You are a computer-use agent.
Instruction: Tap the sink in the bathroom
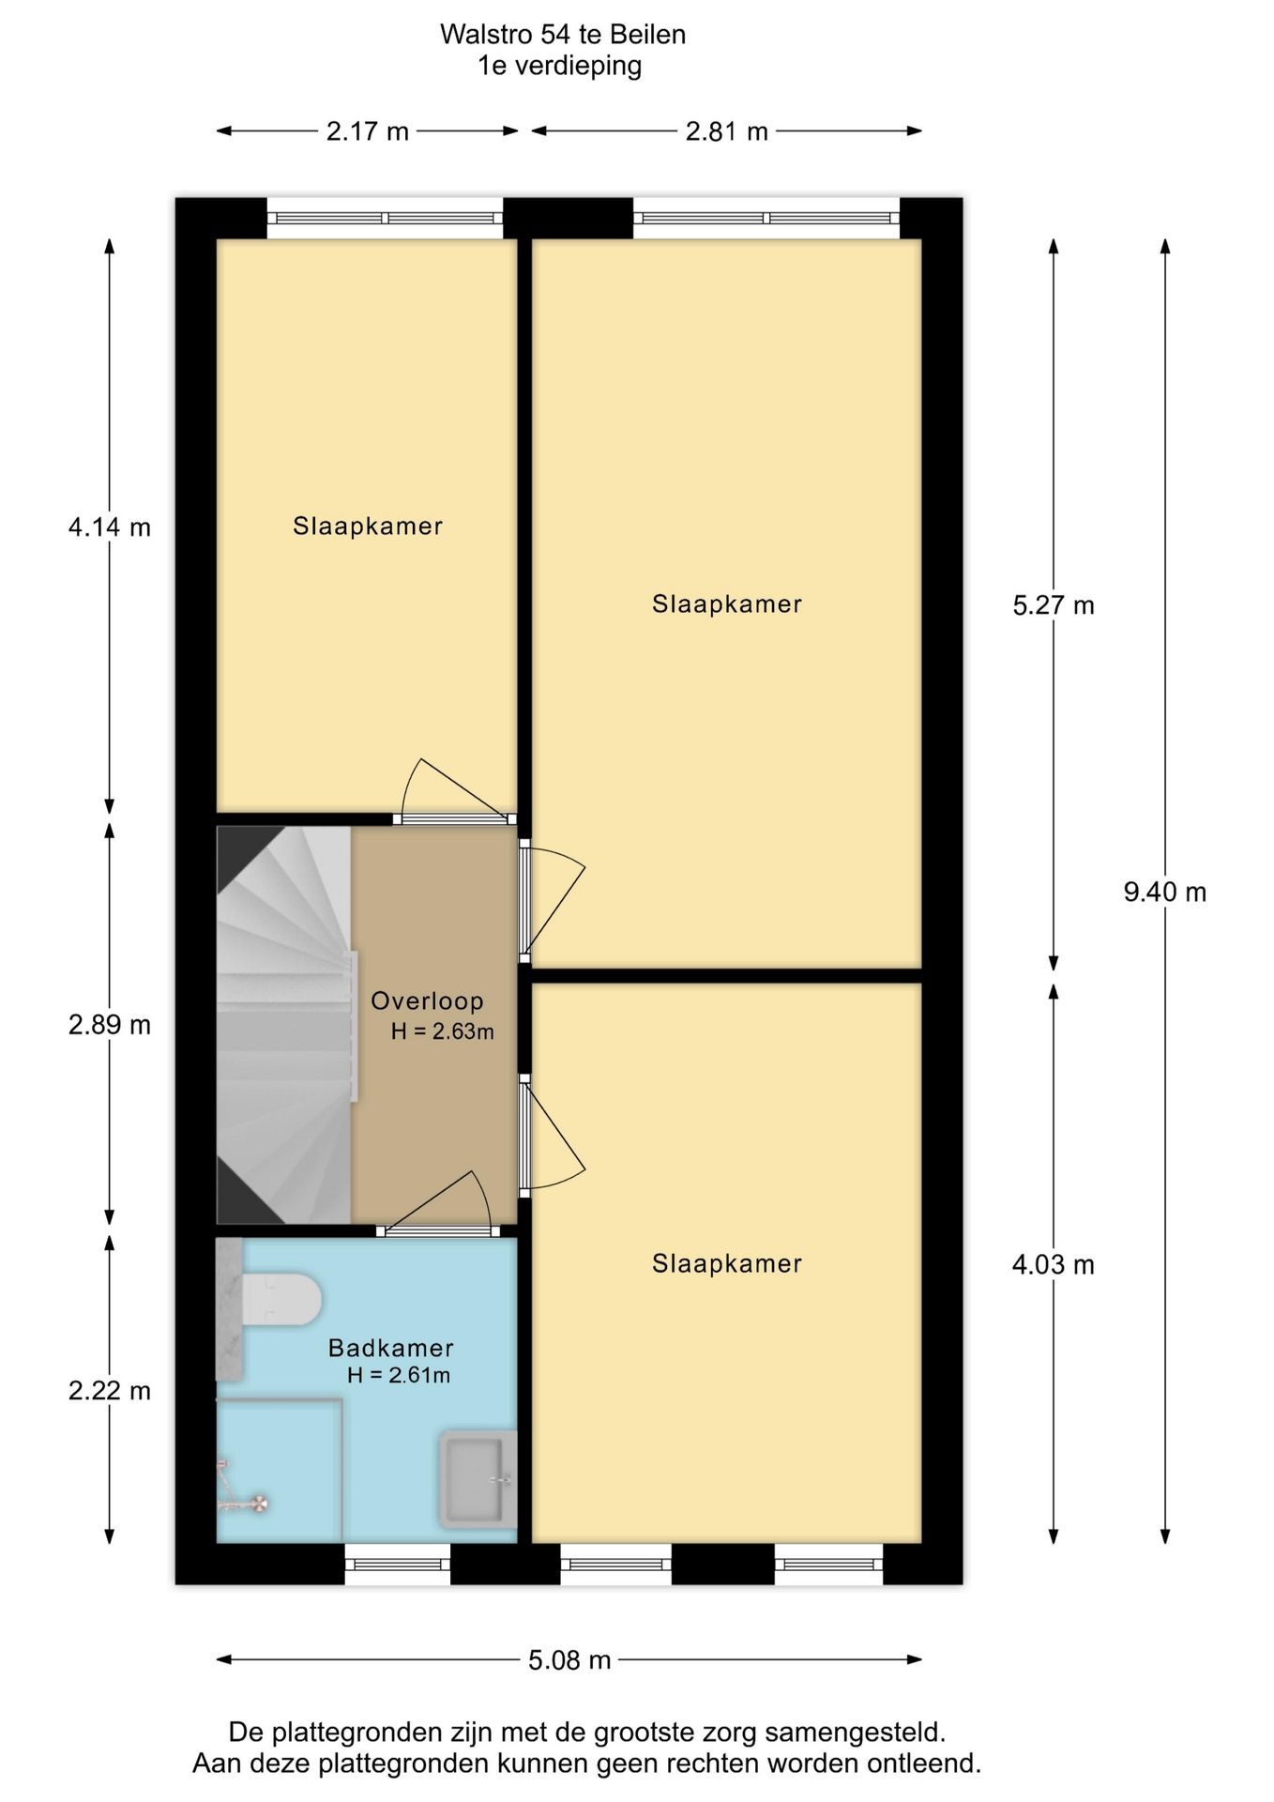tap(478, 1480)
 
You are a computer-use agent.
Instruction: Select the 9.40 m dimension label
tap(1165, 892)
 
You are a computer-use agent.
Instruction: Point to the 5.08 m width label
tap(569, 1660)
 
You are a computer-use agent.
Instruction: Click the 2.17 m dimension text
tap(368, 131)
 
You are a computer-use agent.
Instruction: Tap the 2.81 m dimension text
tap(727, 131)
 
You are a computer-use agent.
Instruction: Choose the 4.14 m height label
tap(110, 527)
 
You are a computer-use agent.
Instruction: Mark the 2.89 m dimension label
tap(110, 1025)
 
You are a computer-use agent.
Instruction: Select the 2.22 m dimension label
tap(110, 1391)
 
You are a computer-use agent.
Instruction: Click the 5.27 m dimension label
tap(1054, 605)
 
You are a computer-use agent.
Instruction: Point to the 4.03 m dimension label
tap(1054, 1265)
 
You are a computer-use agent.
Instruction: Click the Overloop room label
tap(427, 1001)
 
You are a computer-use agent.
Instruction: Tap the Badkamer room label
tap(391, 1349)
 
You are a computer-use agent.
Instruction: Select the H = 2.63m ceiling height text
tap(443, 1031)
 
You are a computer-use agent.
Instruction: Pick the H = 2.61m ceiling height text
tap(399, 1376)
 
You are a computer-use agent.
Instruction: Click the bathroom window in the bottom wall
tap(398, 1565)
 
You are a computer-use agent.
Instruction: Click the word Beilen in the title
tap(648, 35)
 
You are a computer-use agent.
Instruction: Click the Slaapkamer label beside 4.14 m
tap(368, 527)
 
